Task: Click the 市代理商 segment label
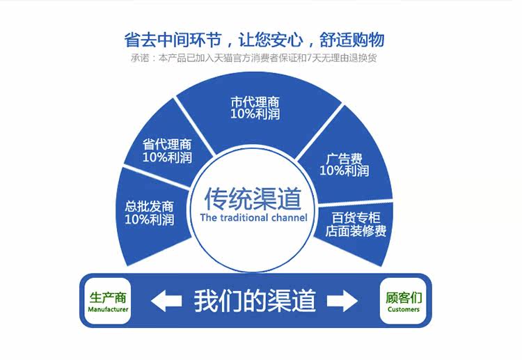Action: [255, 102]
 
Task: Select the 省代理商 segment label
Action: [167, 145]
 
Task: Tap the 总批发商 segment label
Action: [149, 207]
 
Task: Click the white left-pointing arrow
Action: [166, 302]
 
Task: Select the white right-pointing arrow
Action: [342, 302]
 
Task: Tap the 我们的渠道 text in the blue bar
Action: [255, 301]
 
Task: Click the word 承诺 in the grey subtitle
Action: [141, 58]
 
